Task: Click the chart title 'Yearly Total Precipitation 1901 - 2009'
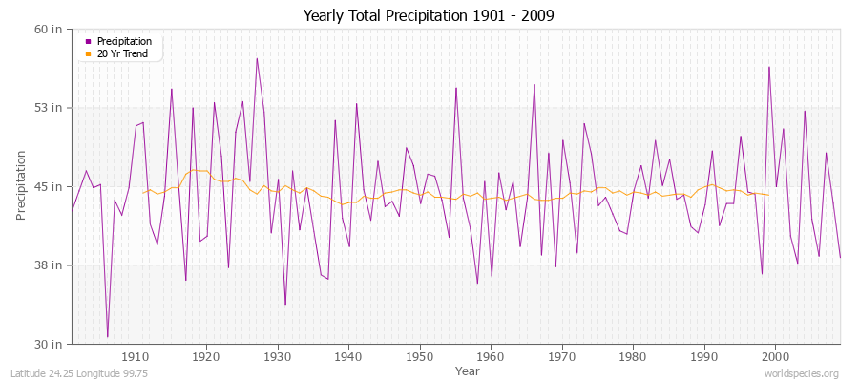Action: [429, 16]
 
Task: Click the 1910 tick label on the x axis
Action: [136, 356]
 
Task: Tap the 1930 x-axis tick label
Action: [278, 356]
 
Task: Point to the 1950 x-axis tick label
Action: [420, 356]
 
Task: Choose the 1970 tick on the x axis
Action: [562, 356]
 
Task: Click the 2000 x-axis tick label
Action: [775, 356]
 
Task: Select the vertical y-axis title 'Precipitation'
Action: [21, 185]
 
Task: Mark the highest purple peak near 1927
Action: [257, 58]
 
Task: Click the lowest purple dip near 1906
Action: [107, 337]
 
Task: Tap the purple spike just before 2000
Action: [768, 67]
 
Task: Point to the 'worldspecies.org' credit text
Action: [801, 373]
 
